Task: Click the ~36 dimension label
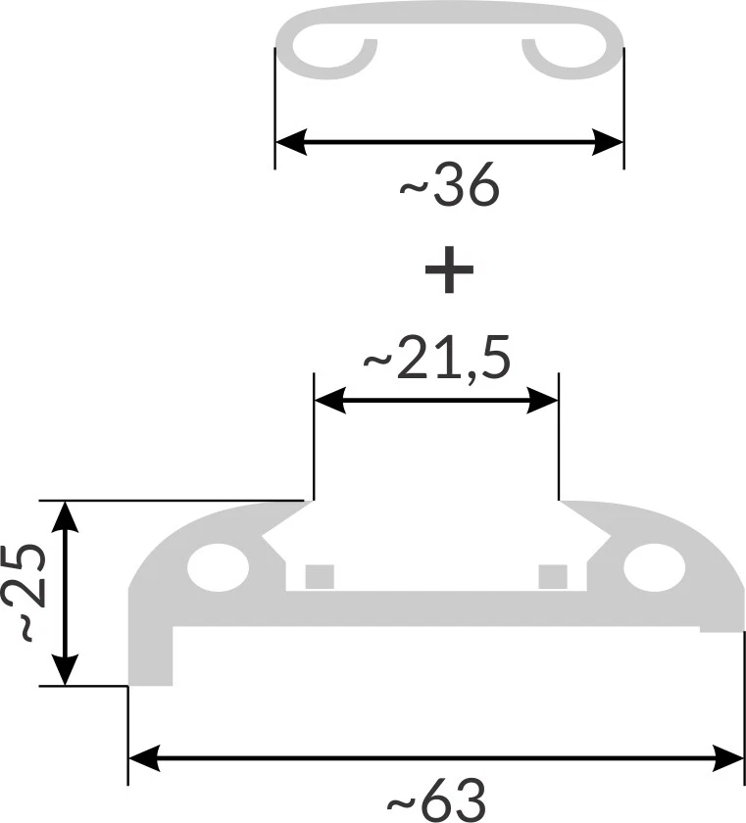tap(450, 189)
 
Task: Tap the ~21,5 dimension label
tap(437, 362)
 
